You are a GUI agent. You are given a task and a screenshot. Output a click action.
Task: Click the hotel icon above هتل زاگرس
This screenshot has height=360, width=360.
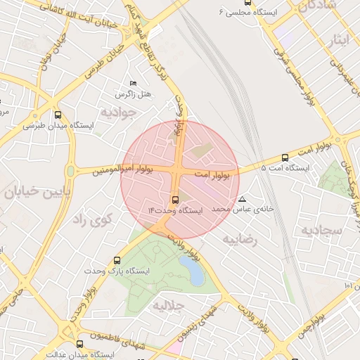click(134, 84)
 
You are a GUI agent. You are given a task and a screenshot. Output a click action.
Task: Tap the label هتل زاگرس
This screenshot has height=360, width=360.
click(134, 94)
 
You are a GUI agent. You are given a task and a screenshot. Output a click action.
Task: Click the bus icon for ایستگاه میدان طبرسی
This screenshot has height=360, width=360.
click(58, 115)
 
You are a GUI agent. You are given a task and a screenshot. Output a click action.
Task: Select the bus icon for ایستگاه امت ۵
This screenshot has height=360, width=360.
click(285, 158)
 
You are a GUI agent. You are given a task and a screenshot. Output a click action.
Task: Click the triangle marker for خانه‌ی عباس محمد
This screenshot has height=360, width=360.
click(243, 199)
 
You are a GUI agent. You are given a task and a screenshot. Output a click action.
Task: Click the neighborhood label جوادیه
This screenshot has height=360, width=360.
click(117, 112)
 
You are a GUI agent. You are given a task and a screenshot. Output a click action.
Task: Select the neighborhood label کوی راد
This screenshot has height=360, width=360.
click(93, 219)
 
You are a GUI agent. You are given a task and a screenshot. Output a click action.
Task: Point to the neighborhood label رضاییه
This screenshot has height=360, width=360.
click(241, 239)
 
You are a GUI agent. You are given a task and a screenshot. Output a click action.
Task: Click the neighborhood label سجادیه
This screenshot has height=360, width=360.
click(321, 230)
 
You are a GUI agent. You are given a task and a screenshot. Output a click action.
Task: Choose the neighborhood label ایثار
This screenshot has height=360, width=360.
click(337, 39)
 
